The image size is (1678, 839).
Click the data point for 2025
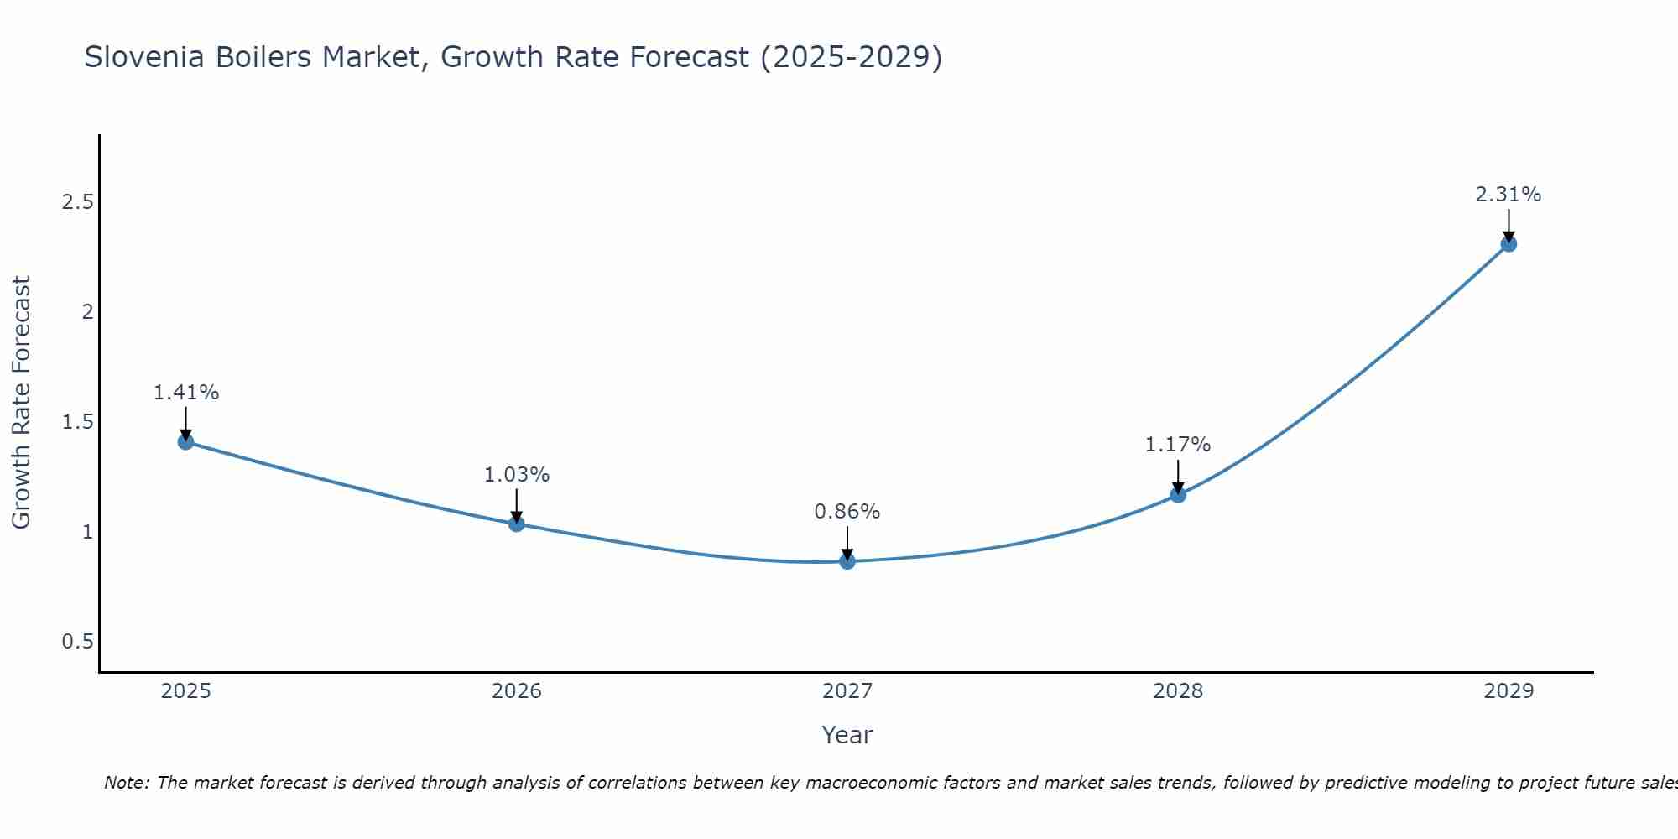pyautogui.click(x=186, y=441)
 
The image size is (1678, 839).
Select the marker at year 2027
pyautogui.click(x=847, y=561)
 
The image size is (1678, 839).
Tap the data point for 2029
pyautogui.click(x=1509, y=244)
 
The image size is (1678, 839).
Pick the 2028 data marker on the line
pyautogui.click(x=1178, y=494)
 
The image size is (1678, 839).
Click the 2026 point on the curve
pyautogui.click(x=517, y=524)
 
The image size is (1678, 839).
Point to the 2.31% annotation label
pyautogui.click(x=1508, y=195)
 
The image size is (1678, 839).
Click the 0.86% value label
pyautogui.click(x=847, y=512)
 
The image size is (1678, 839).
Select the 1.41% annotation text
pyautogui.click(x=186, y=393)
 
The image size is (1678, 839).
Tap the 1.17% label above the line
pyautogui.click(x=1178, y=445)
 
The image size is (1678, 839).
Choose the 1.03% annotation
pyautogui.click(x=517, y=475)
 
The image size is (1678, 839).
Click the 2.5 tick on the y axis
pyautogui.click(x=78, y=202)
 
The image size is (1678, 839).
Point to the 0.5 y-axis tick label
pyautogui.click(x=78, y=642)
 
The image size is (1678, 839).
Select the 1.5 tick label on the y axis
pyautogui.click(x=78, y=422)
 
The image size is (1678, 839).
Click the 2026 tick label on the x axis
pyautogui.click(x=517, y=691)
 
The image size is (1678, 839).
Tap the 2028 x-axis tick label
pyautogui.click(x=1178, y=691)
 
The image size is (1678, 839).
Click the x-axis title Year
pyautogui.click(x=847, y=735)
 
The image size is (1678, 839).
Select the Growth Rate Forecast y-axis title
pyautogui.click(x=21, y=403)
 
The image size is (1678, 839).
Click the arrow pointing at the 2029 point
pyautogui.click(x=1509, y=225)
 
